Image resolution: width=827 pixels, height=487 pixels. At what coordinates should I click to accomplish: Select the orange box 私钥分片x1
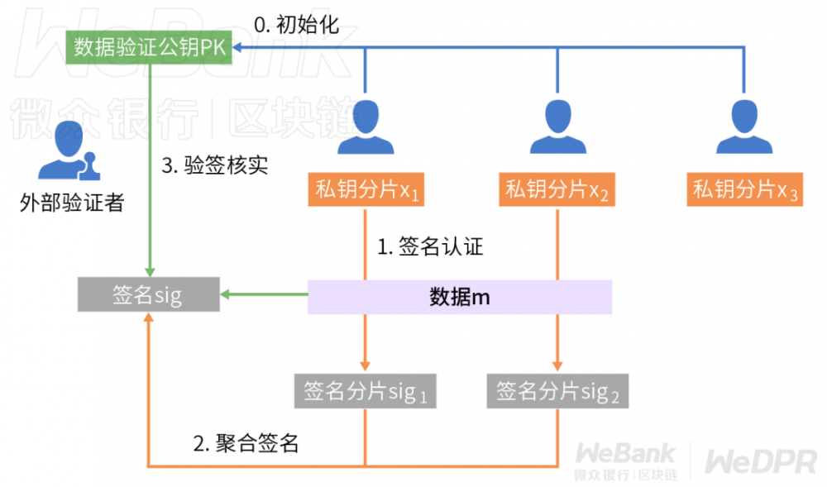(366, 190)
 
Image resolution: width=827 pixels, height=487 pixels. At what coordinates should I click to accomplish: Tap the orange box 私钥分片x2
(557, 190)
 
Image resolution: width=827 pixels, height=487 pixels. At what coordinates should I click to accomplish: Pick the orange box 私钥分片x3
(745, 190)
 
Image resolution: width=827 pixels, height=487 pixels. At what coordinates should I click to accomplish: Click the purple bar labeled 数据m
(460, 297)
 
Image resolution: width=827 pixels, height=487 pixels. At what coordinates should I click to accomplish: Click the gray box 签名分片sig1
(366, 391)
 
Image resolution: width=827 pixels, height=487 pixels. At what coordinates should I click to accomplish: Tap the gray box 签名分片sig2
(557, 391)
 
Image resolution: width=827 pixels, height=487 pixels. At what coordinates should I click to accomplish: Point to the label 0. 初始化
(296, 24)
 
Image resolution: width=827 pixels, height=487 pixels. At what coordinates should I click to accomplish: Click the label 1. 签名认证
(430, 246)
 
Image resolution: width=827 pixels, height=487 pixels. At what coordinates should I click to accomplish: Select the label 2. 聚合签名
(246, 443)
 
